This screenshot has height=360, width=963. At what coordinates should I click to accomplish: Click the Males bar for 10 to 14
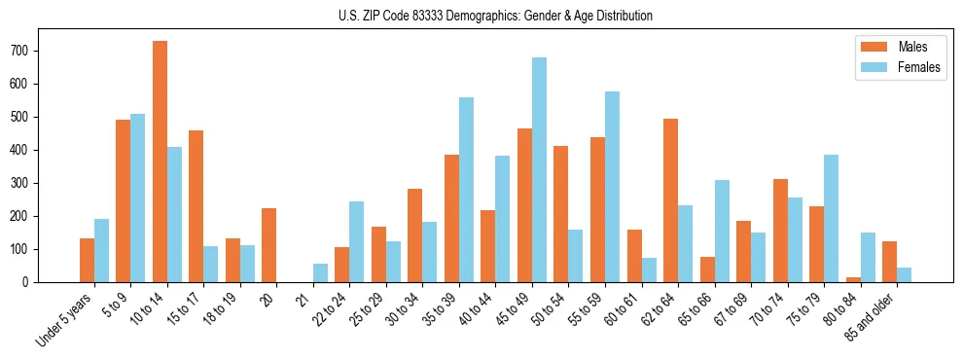pos(160,162)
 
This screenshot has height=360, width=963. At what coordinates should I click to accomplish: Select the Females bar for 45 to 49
pos(539,170)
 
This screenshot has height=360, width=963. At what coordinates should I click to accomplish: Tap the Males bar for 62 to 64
pos(670,200)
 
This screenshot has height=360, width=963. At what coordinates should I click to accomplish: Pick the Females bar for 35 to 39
pos(466,190)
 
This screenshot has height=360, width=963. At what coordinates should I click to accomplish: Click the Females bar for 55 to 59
pos(612,187)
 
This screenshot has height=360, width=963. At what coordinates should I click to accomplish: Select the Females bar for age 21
pos(320,273)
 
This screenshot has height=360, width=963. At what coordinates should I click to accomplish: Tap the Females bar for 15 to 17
pos(210,264)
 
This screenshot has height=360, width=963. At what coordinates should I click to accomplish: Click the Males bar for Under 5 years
pos(87,260)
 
